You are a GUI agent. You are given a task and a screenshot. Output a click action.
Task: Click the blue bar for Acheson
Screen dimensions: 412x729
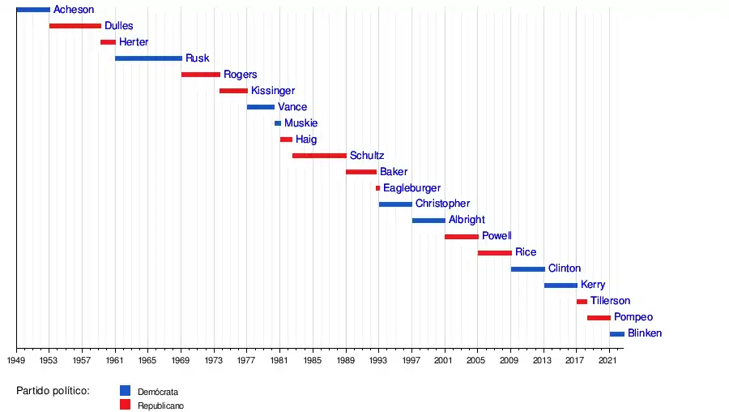pos(33,10)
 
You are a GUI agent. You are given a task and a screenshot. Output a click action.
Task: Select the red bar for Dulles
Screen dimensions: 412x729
pos(75,26)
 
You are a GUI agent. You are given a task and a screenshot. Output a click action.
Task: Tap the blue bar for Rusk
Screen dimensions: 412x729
pos(148,58)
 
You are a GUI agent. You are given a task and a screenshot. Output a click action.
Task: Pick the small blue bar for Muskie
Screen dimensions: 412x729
pos(278,123)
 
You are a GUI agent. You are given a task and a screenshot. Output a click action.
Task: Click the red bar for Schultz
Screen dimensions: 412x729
pos(319,156)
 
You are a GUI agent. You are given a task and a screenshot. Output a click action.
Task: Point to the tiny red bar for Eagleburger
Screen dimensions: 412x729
pos(377,188)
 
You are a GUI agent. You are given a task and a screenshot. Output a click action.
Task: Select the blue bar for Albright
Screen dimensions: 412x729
pos(428,221)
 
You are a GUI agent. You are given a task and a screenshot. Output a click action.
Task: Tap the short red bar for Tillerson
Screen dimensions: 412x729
pos(582,302)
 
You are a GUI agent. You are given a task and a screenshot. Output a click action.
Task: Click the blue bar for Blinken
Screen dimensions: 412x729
pos(617,334)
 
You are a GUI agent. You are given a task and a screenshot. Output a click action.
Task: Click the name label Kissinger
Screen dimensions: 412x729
pos(273,91)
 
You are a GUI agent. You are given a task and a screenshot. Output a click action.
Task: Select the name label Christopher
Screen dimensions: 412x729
pos(442,204)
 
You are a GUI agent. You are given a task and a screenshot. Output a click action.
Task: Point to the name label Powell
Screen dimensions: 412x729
pos(497,236)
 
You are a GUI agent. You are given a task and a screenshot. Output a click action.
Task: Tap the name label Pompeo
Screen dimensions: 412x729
pos(633,317)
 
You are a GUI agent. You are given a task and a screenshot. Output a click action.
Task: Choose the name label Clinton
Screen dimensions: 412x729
pos(565,268)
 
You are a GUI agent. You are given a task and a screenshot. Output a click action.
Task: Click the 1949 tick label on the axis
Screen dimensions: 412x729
pos(16,359)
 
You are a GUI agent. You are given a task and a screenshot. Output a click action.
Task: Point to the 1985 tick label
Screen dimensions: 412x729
pos(313,359)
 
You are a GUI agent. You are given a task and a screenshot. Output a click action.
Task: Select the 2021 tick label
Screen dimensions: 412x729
pos(609,359)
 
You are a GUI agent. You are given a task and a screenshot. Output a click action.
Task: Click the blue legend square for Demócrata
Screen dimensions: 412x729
pos(125,390)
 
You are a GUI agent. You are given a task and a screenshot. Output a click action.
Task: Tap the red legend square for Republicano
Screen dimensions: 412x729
pos(125,405)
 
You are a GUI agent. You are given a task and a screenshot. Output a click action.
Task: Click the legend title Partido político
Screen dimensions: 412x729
pos(53,391)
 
